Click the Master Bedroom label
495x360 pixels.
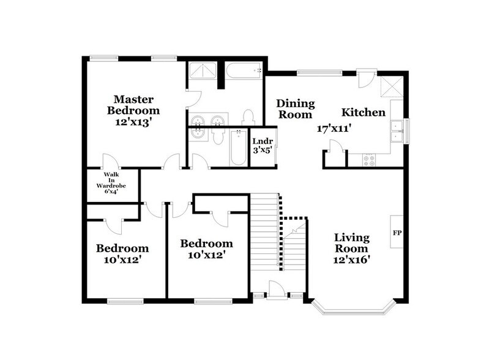tap(133, 105)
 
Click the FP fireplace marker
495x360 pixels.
tap(396, 233)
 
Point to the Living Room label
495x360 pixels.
tap(351, 243)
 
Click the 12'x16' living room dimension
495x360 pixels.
tap(351, 260)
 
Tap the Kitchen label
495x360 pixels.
tap(363, 113)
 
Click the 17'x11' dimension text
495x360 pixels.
tap(333, 129)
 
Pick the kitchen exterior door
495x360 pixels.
tap(365, 80)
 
